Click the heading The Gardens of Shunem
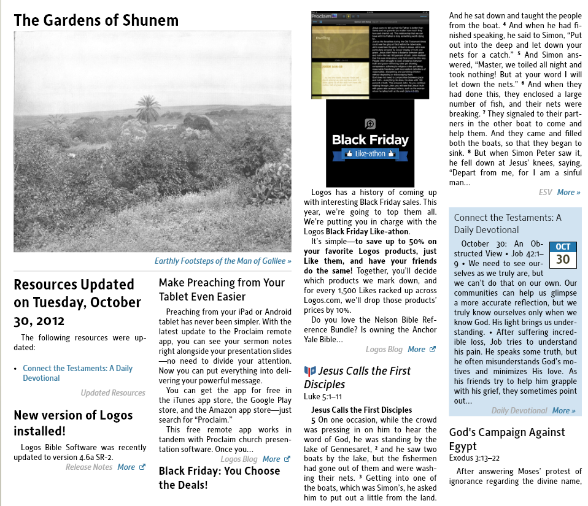(96, 20)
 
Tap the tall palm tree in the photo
(147, 108)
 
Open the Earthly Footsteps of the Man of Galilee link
(223, 261)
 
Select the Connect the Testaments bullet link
(77, 373)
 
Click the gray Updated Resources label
(113, 393)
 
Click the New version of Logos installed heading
(73, 423)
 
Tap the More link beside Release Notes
(126, 467)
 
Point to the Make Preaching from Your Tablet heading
(222, 289)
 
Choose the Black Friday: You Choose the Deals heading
(220, 478)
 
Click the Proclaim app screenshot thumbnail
(369, 55)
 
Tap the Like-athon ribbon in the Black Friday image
(370, 154)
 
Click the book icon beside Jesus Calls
(310, 371)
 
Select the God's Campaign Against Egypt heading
(507, 439)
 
